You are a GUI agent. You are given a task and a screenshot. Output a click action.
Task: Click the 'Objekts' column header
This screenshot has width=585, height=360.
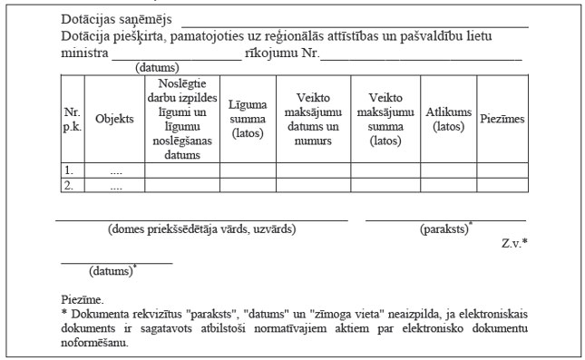pyautogui.click(x=114, y=119)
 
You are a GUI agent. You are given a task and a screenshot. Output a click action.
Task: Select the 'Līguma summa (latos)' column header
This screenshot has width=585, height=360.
pyautogui.click(x=248, y=119)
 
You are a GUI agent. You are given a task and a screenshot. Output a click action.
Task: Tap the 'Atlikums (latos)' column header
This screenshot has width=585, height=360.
pyautogui.click(x=449, y=119)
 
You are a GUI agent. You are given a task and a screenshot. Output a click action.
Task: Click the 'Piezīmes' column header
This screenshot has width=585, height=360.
pyautogui.click(x=502, y=119)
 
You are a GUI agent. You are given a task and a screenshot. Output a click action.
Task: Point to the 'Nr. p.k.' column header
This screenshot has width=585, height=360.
pyautogui.click(x=72, y=119)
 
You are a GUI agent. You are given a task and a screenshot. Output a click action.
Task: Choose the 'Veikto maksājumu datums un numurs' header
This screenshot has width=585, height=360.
pyautogui.click(x=313, y=119)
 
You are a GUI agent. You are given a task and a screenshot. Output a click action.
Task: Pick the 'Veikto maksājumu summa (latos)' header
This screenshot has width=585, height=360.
pyautogui.click(x=385, y=119)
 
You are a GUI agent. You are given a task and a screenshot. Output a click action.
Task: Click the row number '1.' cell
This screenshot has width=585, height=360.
pyautogui.click(x=68, y=170)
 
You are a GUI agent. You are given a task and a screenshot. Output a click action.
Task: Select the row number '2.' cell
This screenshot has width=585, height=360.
pyautogui.click(x=68, y=185)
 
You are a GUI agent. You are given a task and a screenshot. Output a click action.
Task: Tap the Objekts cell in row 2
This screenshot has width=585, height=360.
pyautogui.click(x=114, y=185)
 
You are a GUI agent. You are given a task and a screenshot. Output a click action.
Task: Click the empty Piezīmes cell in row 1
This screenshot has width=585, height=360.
pyautogui.click(x=502, y=170)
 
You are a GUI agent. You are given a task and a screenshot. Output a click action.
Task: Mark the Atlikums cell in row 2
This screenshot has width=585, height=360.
pyautogui.click(x=449, y=185)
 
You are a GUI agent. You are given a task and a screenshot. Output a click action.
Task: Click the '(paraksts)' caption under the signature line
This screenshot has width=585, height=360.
pyautogui.click(x=445, y=230)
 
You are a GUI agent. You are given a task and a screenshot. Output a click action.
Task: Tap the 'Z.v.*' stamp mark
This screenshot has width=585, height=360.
pyautogui.click(x=514, y=245)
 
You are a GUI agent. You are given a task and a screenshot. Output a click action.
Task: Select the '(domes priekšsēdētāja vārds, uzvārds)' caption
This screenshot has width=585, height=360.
pyautogui.click(x=201, y=230)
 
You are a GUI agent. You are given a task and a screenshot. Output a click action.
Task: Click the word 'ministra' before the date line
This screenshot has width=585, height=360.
pyautogui.click(x=83, y=53)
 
